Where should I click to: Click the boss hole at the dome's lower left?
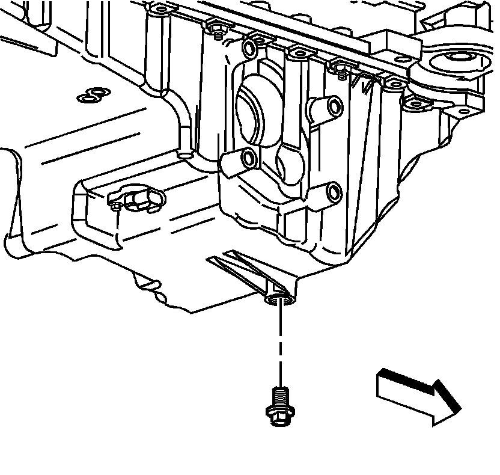click(x=247, y=159)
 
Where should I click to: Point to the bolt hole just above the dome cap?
click(x=250, y=46)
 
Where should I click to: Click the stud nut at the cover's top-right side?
click(x=340, y=66)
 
